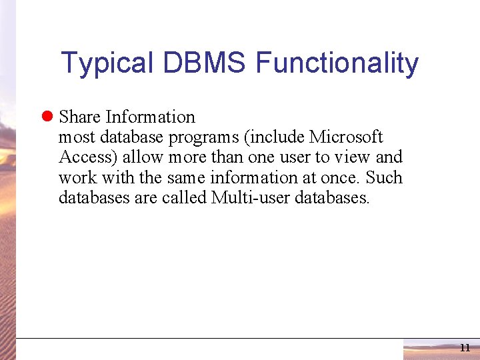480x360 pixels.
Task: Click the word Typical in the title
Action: [107, 64]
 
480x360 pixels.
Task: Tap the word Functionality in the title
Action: [337, 64]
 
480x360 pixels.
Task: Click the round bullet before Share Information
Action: [47, 117]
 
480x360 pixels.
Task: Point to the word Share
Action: [79, 117]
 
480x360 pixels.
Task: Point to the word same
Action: [186, 178]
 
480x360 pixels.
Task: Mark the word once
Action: [341, 178]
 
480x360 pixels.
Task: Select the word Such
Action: [385, 177]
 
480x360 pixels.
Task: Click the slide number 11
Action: [465, 348]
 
